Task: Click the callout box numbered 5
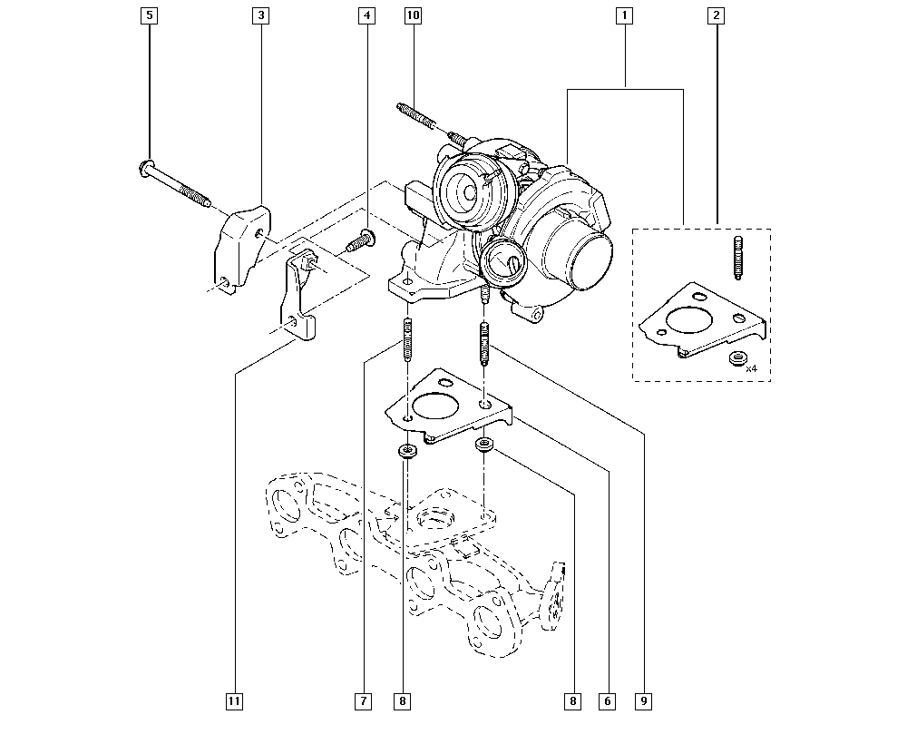click(x=150, y=15)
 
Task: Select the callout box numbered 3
click(x=261, y=15)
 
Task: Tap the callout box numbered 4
click(x=366, y=15)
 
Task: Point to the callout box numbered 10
click(x=413, y=15)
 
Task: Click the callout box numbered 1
click(x=624, y=15)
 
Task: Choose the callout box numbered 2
click(x=717, y=15)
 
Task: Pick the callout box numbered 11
click(x=234, y=701)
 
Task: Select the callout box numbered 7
click(x=364, y=701)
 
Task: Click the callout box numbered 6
click(x=608, y=701)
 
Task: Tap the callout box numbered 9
click(x=643, y=701)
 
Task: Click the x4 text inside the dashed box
click(x=751, y=368)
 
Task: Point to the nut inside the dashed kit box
click(x=736, y=358)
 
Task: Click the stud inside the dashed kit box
click(x=737, y=258)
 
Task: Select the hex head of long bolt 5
click(x=147, y=167)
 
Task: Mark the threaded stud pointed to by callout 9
click(x=484, y=344)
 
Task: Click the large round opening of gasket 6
click(x=434, y=406)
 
